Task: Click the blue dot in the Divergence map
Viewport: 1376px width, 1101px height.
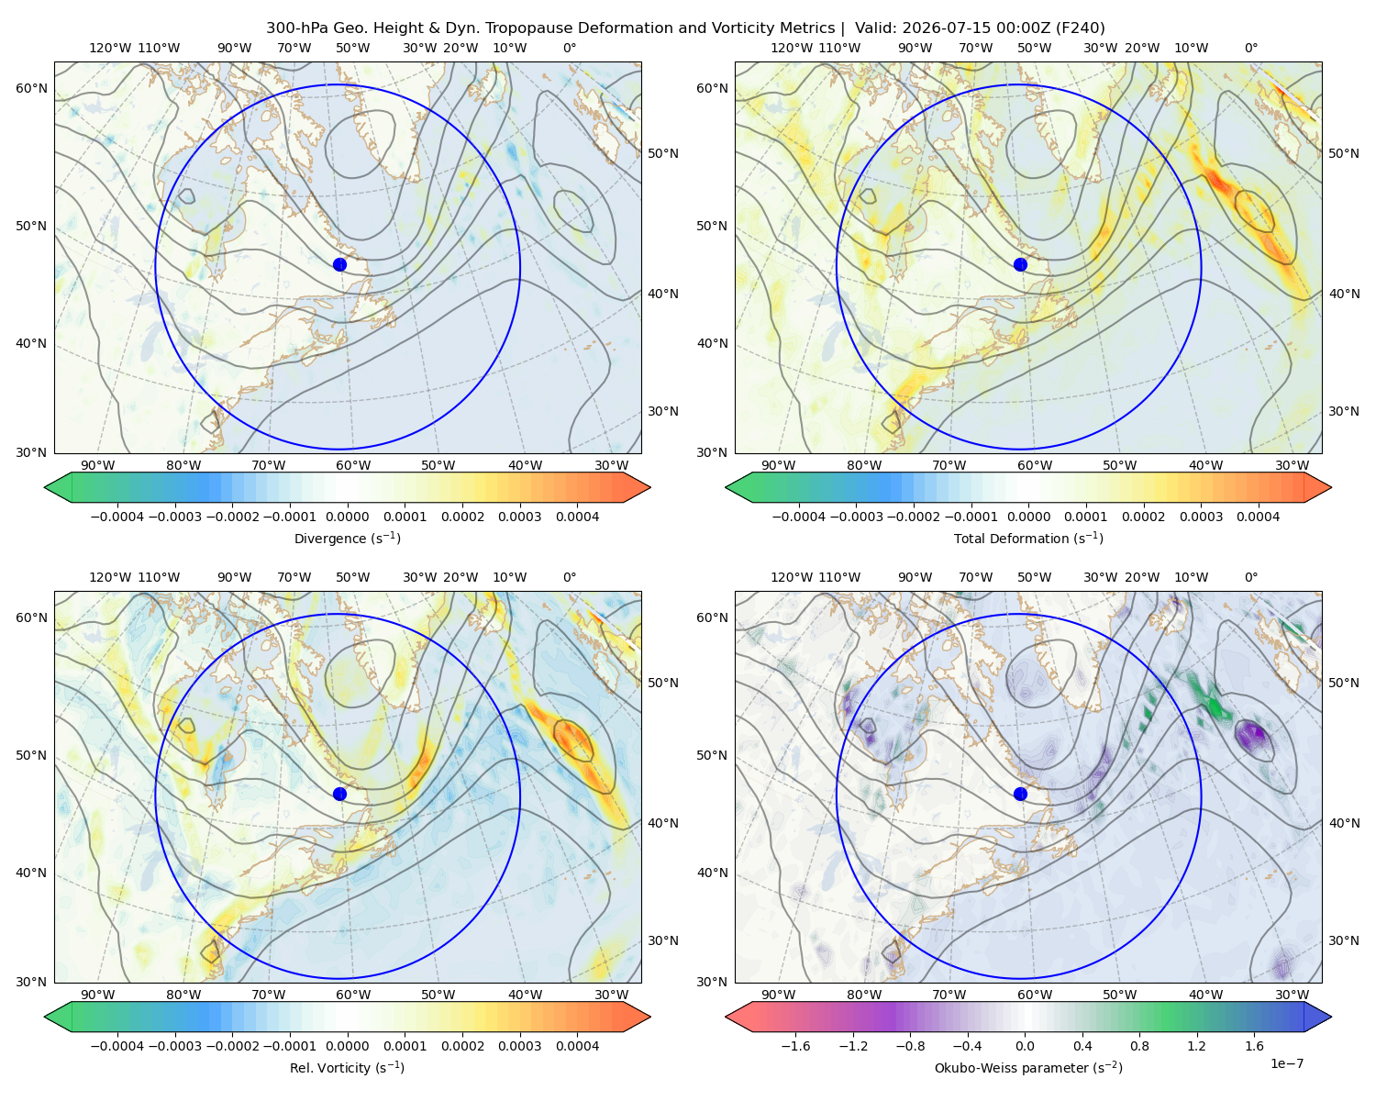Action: tap(339, 264)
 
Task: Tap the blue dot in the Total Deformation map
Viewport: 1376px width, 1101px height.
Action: tap(1020, 264)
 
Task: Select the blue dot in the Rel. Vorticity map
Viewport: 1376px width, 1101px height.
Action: tap(339, 794)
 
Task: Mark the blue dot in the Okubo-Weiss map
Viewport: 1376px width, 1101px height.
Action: tap(1020, 794)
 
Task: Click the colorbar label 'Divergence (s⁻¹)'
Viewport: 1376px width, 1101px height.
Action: tap(347, 539)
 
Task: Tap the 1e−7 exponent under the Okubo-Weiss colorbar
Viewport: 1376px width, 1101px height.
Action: tap(1286, 1064)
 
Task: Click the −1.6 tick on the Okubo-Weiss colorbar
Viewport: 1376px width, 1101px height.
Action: tap(795, 1046)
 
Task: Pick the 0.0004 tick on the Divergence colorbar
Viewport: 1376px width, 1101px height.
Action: tap(577, 517)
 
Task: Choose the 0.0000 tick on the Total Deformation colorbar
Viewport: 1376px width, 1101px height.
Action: tap(1028, 517)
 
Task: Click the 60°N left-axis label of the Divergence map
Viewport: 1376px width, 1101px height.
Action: tap(31, 88)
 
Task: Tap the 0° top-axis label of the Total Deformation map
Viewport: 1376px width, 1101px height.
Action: tap(1250, 48)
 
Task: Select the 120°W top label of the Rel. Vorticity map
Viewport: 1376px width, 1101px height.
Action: tap(110, 577)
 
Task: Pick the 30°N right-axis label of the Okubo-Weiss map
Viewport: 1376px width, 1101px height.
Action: tap(1344, 940)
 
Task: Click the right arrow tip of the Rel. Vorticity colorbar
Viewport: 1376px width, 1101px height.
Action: tap(649, 1017)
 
